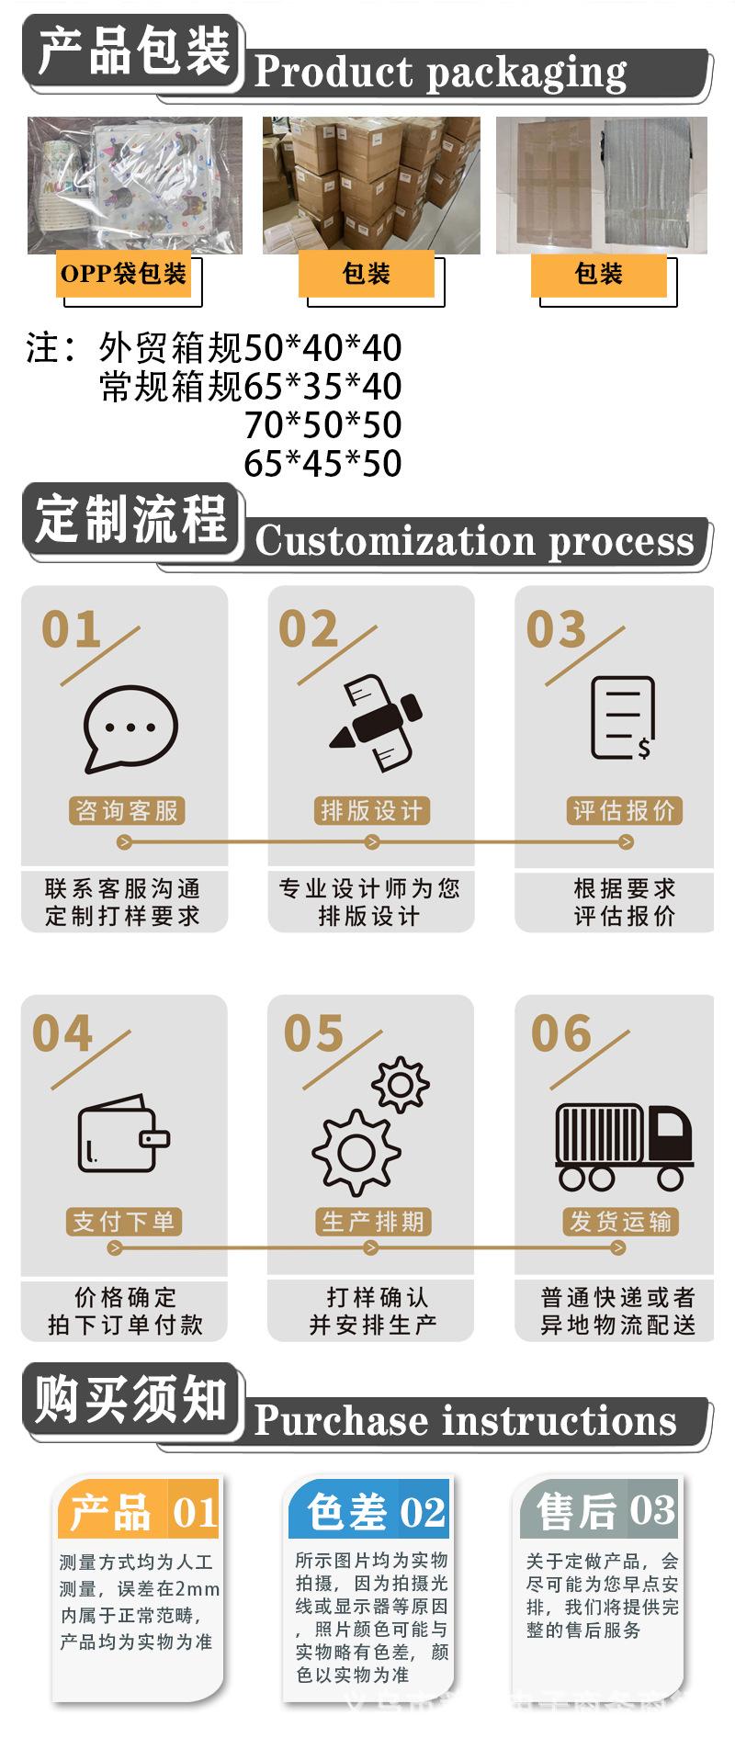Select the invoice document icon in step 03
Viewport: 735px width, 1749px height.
tap(623, 717)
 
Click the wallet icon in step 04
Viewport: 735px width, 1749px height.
tap(123, 1134)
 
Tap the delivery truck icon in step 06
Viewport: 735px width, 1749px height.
tap(623, 1147)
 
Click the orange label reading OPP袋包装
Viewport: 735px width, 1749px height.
tap(123, 274)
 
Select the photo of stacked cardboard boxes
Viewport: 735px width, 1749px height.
tap(371, 185)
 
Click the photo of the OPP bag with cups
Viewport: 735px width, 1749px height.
tap(134, 185)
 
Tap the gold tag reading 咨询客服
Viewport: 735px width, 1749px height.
tap(127, 810)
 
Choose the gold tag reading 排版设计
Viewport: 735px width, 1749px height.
tap(371, 810)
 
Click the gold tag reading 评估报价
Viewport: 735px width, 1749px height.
tap(624, 810)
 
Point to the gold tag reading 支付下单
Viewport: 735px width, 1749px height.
tap(123, 1221)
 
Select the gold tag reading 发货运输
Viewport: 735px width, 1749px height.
tap(620, 1221)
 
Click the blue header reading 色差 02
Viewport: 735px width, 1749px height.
tap(368, 1510)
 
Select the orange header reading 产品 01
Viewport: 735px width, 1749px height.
tap(139, 1511)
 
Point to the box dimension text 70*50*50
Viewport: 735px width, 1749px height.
tap(322, 424)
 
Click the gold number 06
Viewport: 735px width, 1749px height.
tap(560, 1033)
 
